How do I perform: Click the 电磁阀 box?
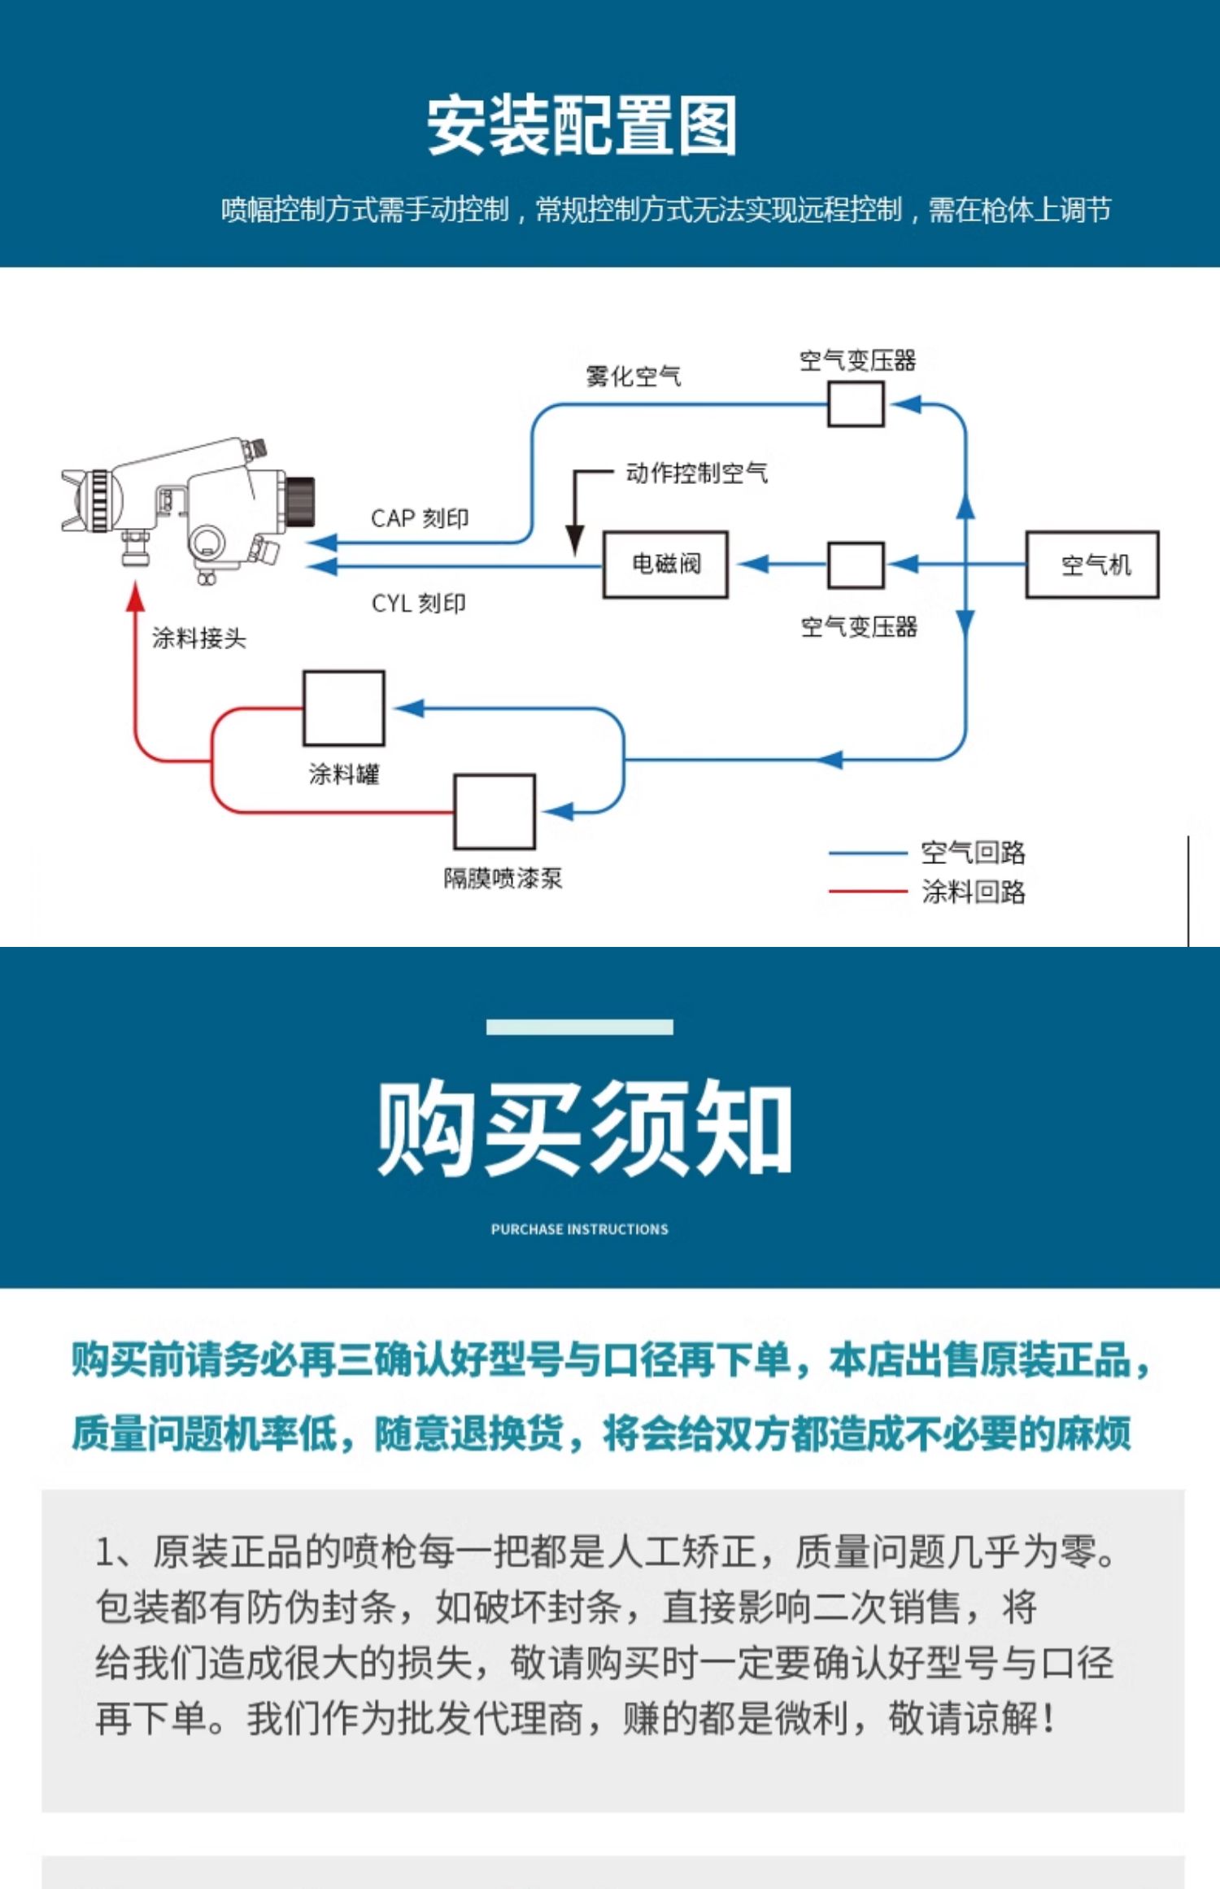point(665,565)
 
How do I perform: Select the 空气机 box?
point(1091,565)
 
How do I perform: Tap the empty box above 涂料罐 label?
point(343,708)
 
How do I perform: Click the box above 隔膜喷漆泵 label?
point(494,811)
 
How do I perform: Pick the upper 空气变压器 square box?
point(856,404)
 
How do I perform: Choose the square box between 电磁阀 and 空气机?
point(856,565)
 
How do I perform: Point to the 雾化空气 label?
point(633,376)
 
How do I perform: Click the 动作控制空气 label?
point(696,473)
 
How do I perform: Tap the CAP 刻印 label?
point(420,518)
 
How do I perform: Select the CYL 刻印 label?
point(419,603)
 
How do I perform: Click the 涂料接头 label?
point(198,638)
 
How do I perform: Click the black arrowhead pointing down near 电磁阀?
point(575,539)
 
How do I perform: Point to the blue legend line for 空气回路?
point(867,853)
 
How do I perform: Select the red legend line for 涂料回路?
point(867,892)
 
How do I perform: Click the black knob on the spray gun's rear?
point(300,502)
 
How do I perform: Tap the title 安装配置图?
point(582,125)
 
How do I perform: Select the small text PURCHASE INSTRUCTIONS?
point(579,1229)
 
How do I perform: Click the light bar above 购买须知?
point(579,1027)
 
